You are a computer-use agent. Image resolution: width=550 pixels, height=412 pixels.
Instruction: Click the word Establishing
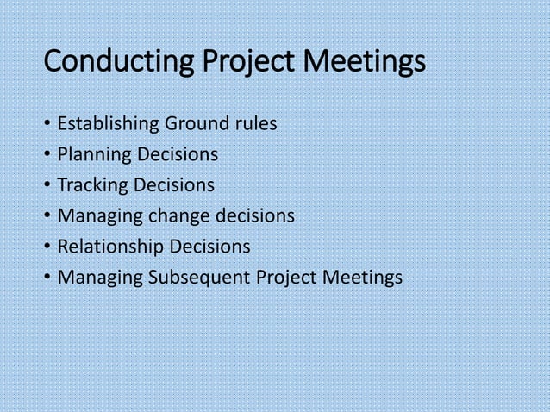pyautogui.click(x=106, y=125)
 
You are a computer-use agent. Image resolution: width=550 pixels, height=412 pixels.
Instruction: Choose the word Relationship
pyautogui.click(x=110, y=247)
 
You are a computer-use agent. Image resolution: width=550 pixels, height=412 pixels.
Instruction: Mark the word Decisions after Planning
pyautogui.click(x=175, y=155)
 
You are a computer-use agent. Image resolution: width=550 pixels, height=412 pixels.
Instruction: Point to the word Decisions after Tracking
pyautogui.click(x=173, y=185)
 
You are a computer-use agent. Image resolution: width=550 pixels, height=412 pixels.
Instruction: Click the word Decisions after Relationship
pyautogui.click(x=209, y=247)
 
